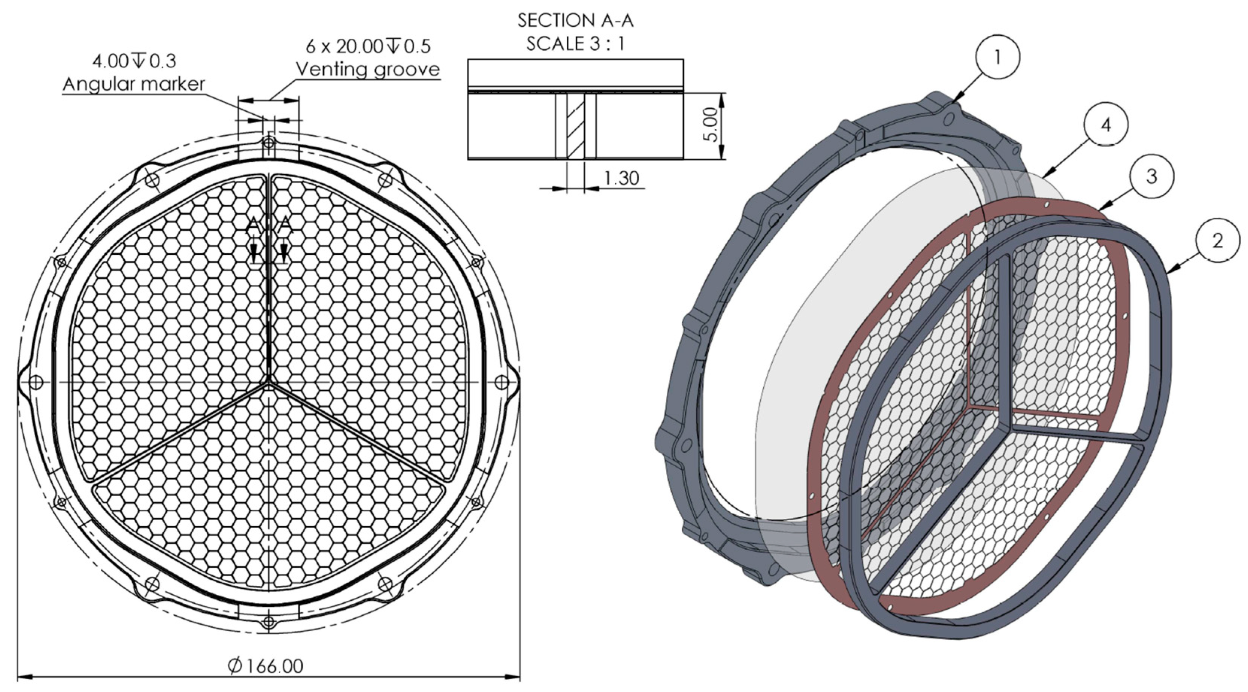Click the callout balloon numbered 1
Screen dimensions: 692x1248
[x=997, y=57]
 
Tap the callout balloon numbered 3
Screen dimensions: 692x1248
[x=1151, y=176]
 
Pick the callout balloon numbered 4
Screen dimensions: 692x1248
[x=1106, y=125]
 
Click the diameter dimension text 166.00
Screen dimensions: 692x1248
[x=266, y=666]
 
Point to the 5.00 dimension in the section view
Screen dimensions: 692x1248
[x=710, y=124]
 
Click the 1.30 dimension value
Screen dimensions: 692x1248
[x=622, y=178]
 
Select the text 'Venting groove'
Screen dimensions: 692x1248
[x=368, y=69]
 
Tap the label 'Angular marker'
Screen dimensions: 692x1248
[x=134, y=84]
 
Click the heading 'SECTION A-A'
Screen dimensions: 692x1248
[x=575, y=20]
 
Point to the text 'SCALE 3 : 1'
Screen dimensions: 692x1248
[x=575, y=44]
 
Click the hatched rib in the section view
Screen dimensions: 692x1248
[x=576, y=126]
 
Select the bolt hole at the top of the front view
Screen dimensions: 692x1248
[x=268, y=143]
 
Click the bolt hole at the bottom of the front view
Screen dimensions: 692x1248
[x=268, y=621]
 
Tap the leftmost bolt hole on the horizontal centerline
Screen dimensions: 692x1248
[x=35, y=382]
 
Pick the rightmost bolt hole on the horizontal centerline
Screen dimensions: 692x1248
[x=501, y=382]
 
